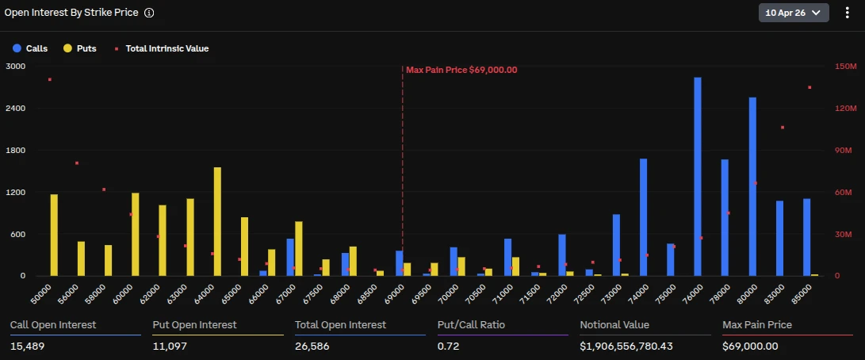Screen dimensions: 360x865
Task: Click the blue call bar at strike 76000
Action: click(698, 177)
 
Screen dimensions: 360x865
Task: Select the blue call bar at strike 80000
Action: click(752, 187)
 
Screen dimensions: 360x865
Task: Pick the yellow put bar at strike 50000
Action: click(54, 236)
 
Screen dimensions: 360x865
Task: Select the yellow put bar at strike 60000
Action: click(136, 235)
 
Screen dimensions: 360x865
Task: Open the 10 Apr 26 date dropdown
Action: click(794, 13)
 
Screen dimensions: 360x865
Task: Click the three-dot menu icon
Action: click(847, 13)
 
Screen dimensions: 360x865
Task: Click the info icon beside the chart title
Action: click(149, 13)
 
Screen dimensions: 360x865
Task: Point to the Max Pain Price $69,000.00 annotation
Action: click(461, 70)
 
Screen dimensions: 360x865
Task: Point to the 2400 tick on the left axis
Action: click(14, 109)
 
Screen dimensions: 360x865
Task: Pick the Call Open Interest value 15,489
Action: click(27, 346)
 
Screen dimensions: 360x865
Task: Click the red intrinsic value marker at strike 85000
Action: click(810, 87)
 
